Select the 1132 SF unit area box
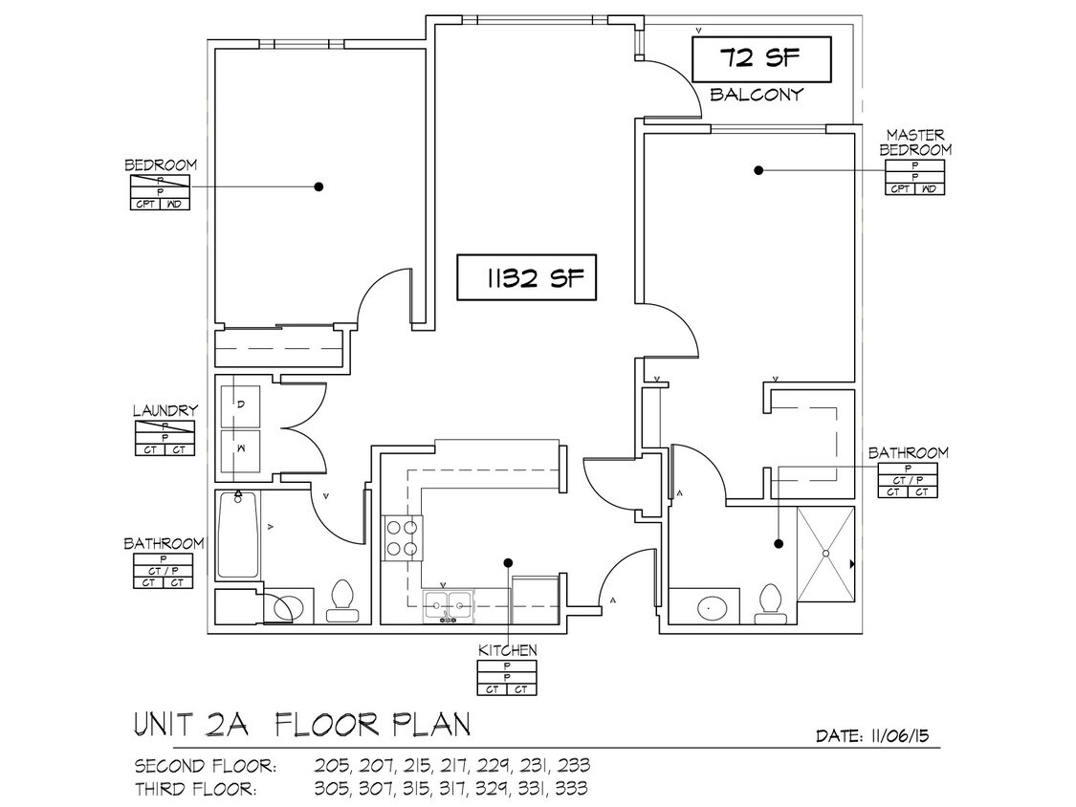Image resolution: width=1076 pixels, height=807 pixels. click(527, 278)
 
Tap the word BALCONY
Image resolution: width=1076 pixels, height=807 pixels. click(756, 95)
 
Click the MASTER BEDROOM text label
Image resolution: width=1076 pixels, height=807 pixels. click(915, 142)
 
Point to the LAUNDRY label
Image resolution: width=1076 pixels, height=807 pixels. click(165, 411)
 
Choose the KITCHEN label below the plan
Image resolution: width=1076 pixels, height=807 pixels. click(507, 650)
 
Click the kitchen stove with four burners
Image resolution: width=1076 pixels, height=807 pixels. click(402, 536)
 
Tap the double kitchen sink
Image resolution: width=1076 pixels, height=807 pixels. click(449, 602)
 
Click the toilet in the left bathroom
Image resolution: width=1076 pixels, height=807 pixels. click(341, 599)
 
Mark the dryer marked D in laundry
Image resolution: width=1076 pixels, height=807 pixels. click(240, 405)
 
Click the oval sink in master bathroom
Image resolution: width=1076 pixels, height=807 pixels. click(710, 605)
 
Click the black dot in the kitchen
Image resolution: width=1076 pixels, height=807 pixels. click(508, 563)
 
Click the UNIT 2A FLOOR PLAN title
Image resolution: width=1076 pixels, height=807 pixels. click(302, 725)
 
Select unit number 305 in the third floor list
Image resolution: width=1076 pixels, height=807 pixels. click(329, 789)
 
